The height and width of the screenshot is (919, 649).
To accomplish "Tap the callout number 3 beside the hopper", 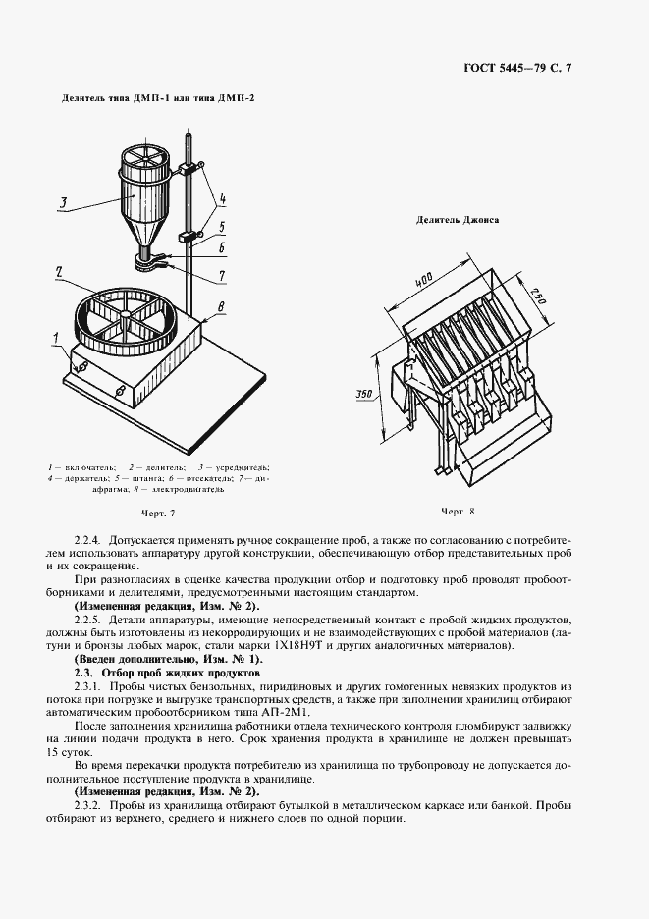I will (62, 204).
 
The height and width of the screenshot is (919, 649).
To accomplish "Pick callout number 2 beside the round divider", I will (60, 270).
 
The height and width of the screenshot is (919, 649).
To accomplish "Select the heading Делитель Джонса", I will (458, 220).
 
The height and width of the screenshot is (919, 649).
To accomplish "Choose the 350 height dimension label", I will (363, 395).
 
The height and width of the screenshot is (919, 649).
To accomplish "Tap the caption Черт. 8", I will (458, 511).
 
